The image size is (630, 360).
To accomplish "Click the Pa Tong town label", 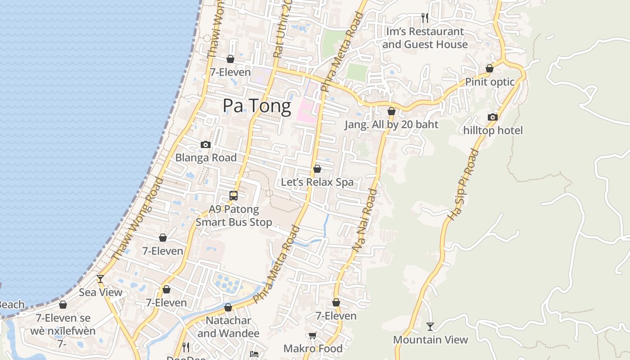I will pos(257,106).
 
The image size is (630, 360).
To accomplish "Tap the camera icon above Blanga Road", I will pos(206,144).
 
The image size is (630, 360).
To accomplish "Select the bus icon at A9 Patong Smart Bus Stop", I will pos(234,196).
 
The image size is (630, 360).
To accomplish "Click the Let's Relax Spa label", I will pos(317,182).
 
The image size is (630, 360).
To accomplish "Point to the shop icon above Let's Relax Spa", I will pos(317,169).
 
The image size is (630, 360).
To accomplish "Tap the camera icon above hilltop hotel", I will pos(493,117).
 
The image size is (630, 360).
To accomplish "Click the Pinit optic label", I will pos(490,82).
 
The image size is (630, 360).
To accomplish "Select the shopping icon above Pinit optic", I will pos(490,68).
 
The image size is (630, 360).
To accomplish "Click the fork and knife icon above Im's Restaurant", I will pos(425,18).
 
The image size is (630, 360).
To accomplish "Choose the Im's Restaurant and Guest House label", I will pos(425,38).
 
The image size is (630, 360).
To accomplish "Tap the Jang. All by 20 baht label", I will pos(391,125).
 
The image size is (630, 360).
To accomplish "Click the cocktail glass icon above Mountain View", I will pos(430,326).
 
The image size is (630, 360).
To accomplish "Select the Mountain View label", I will pos(430,340).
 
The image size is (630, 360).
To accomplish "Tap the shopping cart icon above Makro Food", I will pos(313,335).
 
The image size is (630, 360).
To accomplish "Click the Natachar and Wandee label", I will pos(229,327).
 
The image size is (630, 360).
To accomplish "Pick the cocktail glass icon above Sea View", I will pos(100,279).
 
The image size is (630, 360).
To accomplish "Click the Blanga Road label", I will pos(206,157).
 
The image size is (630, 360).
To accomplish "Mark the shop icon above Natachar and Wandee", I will pos(228,308).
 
